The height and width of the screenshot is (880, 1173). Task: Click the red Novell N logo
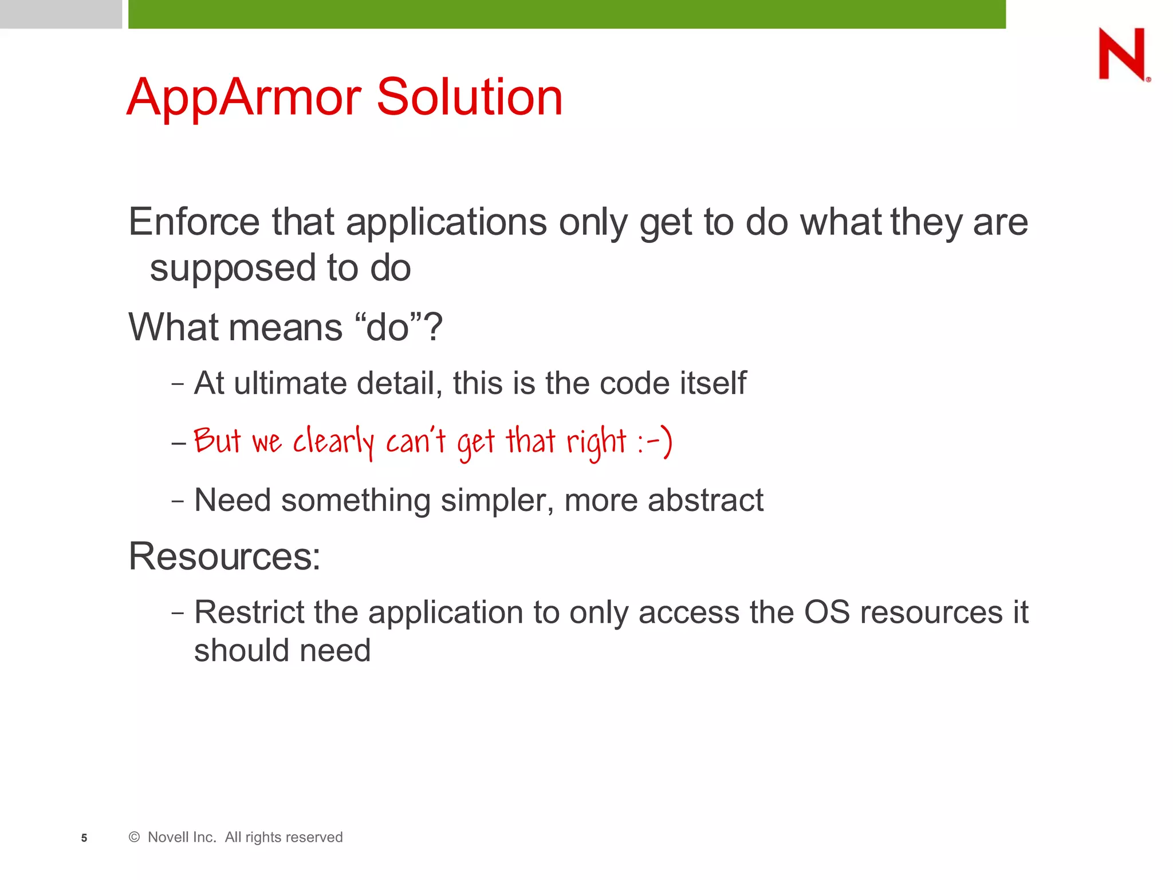point(1122,54)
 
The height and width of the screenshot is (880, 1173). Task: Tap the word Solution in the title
point(469,97)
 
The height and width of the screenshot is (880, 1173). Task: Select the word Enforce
point(194,222)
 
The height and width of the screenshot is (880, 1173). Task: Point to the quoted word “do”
point(388,328)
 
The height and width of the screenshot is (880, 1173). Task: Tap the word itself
point(713,383)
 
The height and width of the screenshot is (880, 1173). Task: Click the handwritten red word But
point(217,441)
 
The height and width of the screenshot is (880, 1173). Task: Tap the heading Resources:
point(224,556)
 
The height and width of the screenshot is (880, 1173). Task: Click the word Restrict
point(249,612)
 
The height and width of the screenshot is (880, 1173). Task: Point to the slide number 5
point(84,838)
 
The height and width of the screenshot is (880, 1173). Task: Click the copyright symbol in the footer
point(134,837)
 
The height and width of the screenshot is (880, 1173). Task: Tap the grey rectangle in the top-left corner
point(61,14)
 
